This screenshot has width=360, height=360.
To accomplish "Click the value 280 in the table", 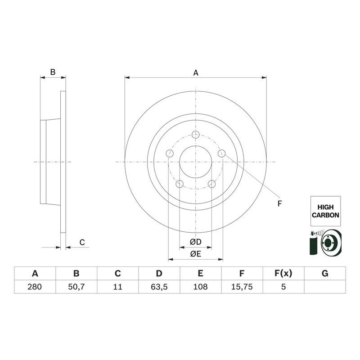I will (35, 287).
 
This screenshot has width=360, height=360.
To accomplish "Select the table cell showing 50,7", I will (76, 287).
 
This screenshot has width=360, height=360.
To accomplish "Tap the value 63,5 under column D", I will (159, 287).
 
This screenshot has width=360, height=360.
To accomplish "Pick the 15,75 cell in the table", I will (242, 287).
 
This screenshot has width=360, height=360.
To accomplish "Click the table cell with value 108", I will (200, 287).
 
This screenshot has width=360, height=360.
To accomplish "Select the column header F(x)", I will (283, 273).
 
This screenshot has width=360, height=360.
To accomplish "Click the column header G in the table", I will (325, 273).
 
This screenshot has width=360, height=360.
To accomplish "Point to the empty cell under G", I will (325, 287).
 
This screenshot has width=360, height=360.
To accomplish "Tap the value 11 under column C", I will (117, 287).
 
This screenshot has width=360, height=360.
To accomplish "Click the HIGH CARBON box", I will (325, 211).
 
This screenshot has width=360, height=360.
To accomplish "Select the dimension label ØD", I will (195, 242).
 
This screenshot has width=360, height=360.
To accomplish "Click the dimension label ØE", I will (195, 254).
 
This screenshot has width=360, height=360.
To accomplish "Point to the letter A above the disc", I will (196, 72).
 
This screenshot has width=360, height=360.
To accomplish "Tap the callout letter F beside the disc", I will (279, 203).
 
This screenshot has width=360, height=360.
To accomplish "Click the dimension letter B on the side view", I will (52, 72).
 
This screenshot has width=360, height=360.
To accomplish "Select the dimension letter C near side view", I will (82, 243).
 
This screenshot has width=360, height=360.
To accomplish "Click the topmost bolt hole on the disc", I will (196, 135).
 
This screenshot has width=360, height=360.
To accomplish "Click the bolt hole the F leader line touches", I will (221, 153).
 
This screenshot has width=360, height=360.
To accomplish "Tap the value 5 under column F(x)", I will (283, 287).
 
